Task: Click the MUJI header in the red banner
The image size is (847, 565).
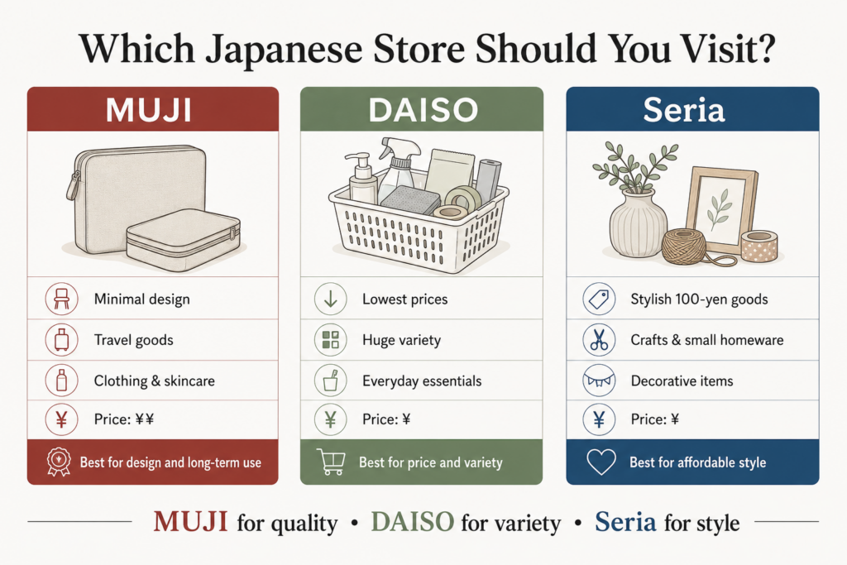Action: tap(149, 110)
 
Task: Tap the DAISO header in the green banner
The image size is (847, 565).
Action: tap(423, 110)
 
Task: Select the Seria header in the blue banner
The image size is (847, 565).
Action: tap(684, 110)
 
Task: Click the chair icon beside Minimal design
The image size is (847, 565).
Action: tap(61, 299)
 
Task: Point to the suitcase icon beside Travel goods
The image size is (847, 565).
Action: tap(61, 340)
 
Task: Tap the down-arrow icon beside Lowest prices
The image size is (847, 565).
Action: tap(331, 299)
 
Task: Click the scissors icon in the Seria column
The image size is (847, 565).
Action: tap(599, 340)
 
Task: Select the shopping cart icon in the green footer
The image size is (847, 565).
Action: tap(331, 462)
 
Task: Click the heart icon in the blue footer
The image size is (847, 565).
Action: tap(601, 462)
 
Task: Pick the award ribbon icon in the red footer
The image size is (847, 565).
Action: tap(59, 462)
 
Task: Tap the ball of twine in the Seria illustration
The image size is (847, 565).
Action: tap(684, 247)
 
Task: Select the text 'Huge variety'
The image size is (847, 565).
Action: tap(401, 340)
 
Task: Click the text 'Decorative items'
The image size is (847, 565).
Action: tap(682, 381)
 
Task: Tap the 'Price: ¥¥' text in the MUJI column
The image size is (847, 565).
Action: tap(124, 419)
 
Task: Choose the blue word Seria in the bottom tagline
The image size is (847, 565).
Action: tap(625, 522)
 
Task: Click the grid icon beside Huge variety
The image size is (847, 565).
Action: tap(331, 340)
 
